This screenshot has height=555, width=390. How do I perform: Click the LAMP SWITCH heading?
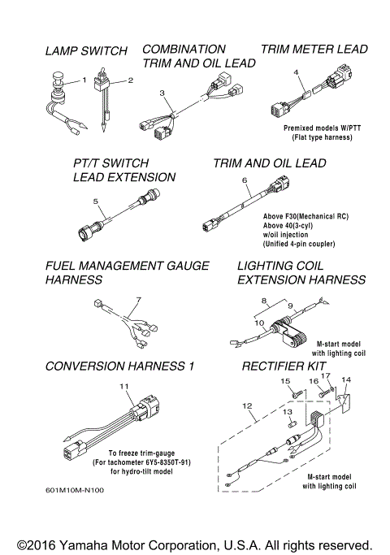point(85,51)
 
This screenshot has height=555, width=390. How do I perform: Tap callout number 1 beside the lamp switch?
point(83,80)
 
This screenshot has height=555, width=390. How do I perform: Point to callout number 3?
point(162,93)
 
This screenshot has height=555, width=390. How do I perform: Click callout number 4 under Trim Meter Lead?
point(297,73)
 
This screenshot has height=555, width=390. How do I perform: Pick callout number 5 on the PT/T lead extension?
point(96,200)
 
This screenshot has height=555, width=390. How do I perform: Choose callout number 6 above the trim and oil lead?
point(245,179)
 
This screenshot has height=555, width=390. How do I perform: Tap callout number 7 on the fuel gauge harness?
point(139,299)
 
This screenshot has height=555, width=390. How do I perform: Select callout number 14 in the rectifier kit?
point(347,380)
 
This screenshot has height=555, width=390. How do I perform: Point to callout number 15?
point(285,380)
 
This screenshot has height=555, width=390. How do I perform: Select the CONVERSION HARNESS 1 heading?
point(119,366)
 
